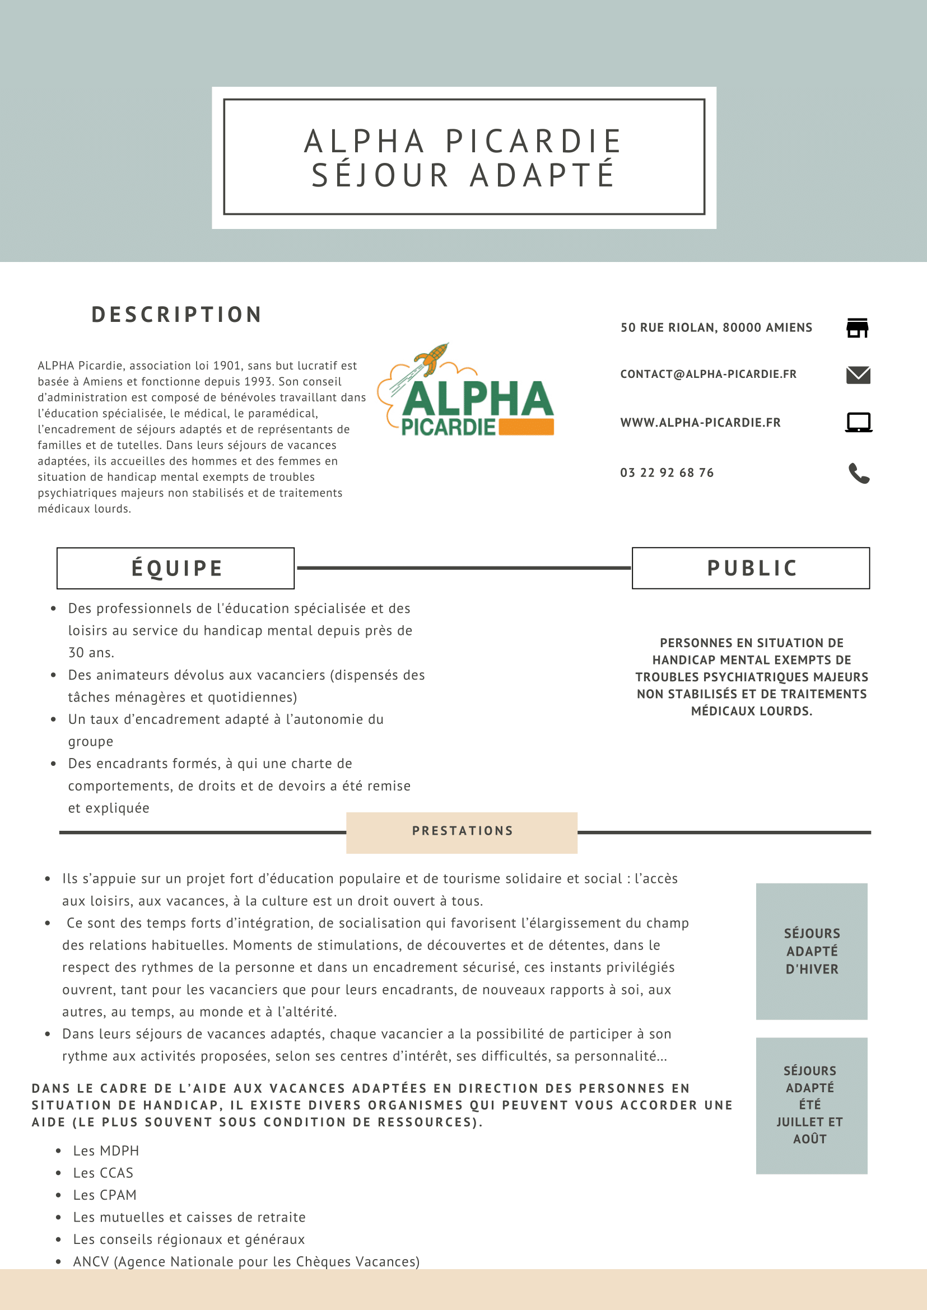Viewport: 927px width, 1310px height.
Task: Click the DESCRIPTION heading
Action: pyautogui.click(x=177, y=315)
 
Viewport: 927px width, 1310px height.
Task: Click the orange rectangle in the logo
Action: pyautogui.click(x=526, y=427)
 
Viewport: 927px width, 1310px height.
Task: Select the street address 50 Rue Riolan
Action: pyautogui.click(x=716, y=327)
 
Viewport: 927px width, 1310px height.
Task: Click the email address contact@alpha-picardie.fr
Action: pyautogui.click(x=708, y=375)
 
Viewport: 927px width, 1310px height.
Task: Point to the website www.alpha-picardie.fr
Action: pyautogui.click(x=700, y=423)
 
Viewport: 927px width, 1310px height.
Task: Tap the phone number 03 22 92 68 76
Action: pyautogui.click(x=667, y=472)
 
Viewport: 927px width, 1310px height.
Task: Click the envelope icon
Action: pyautogui.click(x=858, y=375)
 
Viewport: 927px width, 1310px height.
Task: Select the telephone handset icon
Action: pyautogui.click(x=859, y=473)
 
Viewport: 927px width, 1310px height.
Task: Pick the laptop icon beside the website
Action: pyautogui.click(x=859, y=423)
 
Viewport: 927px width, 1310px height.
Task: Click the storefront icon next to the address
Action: pyautogui.click(x=858, y=328)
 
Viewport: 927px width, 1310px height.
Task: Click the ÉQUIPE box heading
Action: pyautogui.click(x=176, y=568)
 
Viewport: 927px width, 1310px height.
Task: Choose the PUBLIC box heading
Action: pyautogui.click(x=751, y=568)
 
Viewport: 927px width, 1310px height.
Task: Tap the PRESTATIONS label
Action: pyautogui.click(x=462, y=831)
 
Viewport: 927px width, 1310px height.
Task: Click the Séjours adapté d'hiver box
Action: pyautogui.click(x=811, y=951)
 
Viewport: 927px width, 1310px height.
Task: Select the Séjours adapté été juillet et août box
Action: pyautogui.click(x=811, y=1105)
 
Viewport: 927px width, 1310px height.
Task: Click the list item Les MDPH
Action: pyautogui.click(x=106, y=1151)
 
